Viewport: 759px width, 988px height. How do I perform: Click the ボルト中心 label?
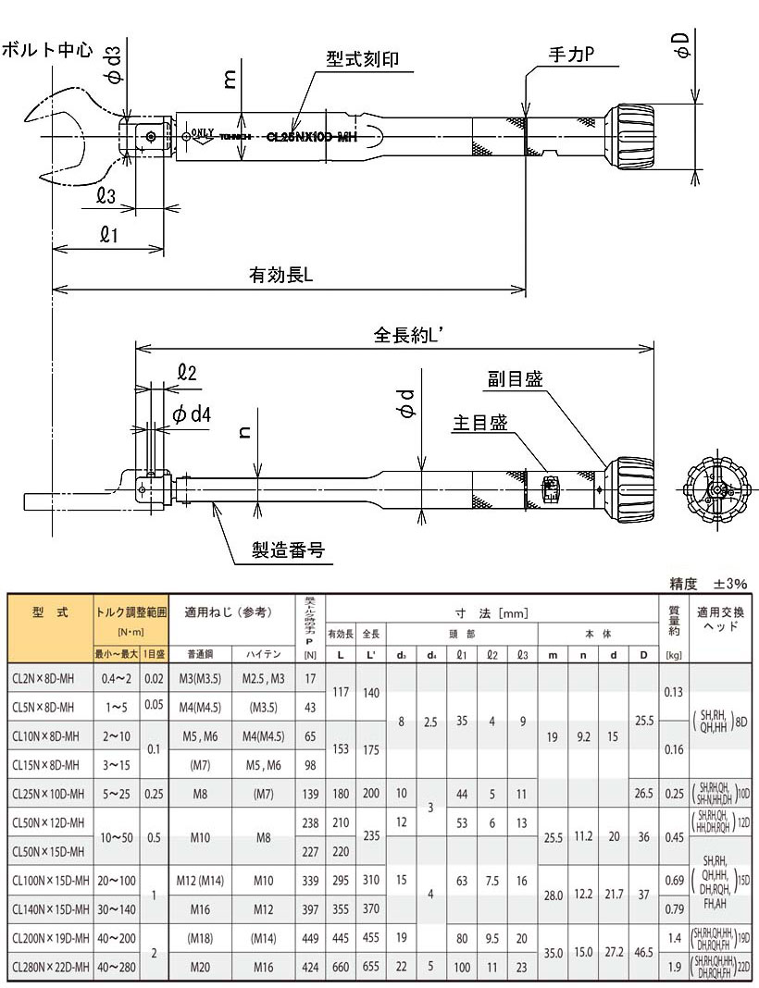(47, 50)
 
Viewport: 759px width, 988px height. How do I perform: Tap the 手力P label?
(567, 56)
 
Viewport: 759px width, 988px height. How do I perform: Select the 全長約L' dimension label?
(411, 334)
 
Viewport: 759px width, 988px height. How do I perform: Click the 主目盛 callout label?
(479, 423)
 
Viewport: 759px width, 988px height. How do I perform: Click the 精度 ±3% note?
(707, 585)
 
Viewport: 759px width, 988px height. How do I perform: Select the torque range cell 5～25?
(118, 794)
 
